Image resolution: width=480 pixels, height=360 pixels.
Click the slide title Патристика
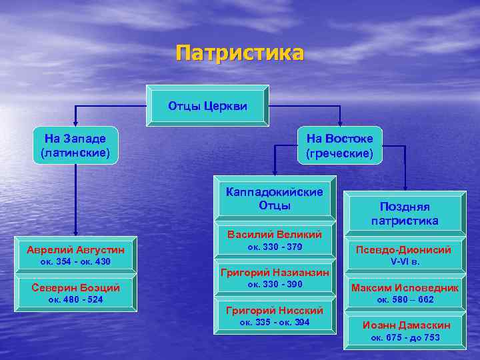tap(240, 53)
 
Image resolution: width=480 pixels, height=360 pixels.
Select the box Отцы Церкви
tap(207, 105)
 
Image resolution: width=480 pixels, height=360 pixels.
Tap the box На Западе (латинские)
tap(75, 145)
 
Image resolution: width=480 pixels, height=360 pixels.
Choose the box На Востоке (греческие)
tap(340, 145)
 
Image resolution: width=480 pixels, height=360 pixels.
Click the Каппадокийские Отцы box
tap(274, 198)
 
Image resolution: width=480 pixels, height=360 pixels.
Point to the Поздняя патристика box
tap(405, 213)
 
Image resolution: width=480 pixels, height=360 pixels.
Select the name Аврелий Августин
tap(75, 250)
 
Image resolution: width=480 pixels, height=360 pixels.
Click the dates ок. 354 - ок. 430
tap(75, 262)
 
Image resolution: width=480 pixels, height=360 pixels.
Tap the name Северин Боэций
tap(75, 287)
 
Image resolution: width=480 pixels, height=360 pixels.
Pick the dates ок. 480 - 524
tap(75, 299)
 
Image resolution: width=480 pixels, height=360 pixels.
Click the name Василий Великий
tap(275, 235)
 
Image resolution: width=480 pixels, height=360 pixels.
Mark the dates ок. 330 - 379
tap(275, 247)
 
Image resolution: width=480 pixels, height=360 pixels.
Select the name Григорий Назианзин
tap(275, 272)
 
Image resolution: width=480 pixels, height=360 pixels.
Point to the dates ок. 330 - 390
tap(275, 285)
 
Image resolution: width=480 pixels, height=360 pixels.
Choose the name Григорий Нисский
tap(275, 310)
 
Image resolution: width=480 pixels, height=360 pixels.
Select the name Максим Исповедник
tap(405, 287)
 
